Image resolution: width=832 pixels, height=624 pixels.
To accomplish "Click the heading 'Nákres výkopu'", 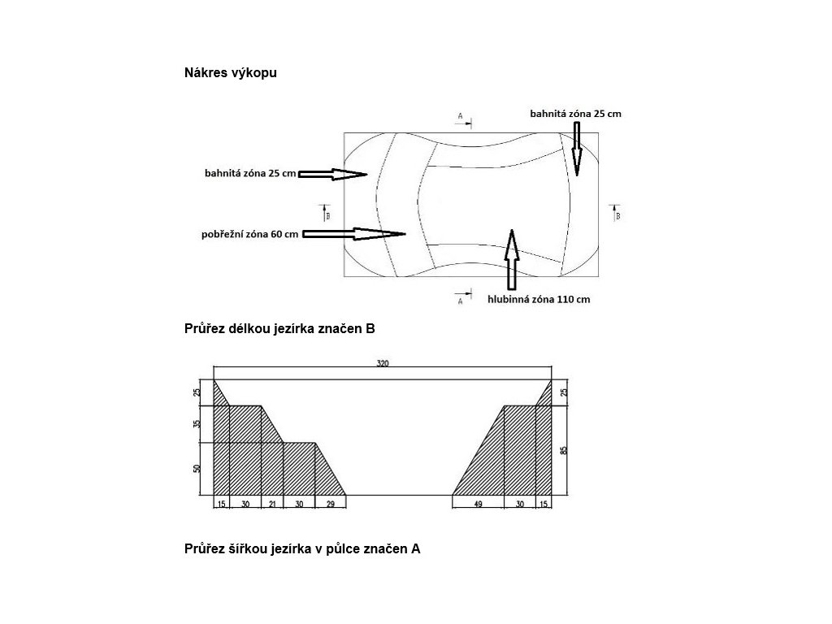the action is pos(232,73).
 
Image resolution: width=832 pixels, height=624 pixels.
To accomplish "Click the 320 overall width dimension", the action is pos(383,364).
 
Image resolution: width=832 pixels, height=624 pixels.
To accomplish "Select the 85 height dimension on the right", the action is pos(565,449).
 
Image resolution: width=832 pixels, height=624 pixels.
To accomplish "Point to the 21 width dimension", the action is pos(271,504).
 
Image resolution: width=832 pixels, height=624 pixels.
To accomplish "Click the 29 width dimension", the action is pos(330,504).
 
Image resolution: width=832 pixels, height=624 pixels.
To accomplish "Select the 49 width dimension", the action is pos(478,504).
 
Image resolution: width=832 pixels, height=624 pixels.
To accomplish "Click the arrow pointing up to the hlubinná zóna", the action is pos(511,259).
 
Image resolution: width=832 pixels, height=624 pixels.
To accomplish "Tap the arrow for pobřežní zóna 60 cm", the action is pos(354,234).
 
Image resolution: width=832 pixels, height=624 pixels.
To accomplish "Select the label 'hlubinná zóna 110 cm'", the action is pos(539,299).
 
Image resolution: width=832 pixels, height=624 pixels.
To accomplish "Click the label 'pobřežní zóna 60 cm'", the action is pos(249,235).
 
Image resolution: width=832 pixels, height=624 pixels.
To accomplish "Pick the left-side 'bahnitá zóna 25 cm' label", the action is pos(250,174).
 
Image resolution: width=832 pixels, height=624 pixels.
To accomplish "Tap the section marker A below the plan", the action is pos(461,299).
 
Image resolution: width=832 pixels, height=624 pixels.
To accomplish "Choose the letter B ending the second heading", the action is pos(370,330).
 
